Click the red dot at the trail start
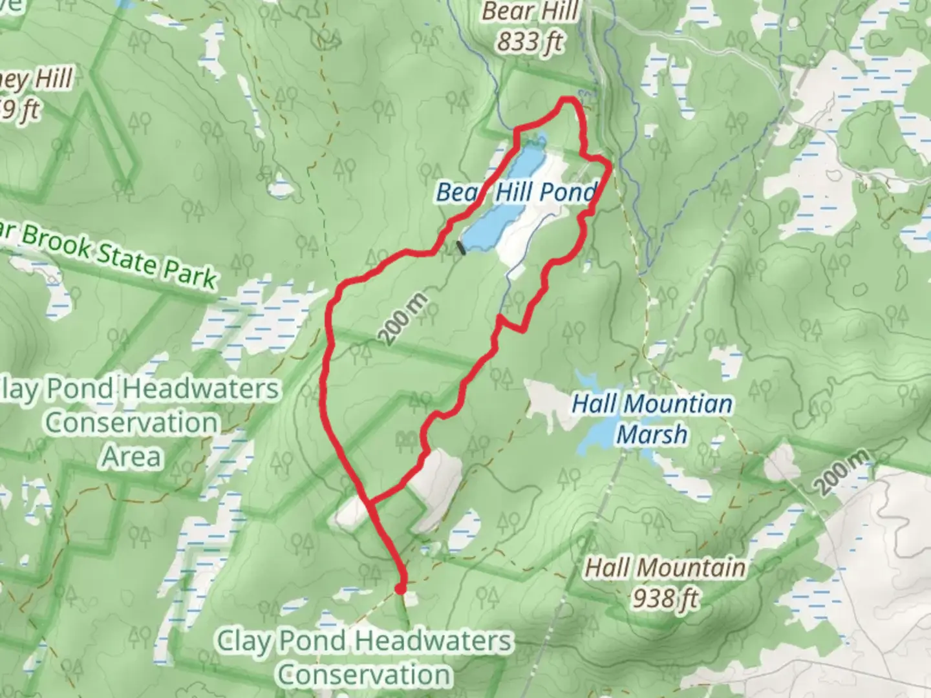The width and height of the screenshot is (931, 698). pyautogui.click(x=400, y=588)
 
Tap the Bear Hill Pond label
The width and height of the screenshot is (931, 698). pyautogui.click(x=515, y=192)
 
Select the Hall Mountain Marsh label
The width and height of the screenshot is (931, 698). pyautogui.click(x=652, y=419)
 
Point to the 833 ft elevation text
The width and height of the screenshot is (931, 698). pyautogui.click(x=530, y=42)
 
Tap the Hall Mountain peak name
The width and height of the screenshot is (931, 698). pyautogui.click(x=665, y=568)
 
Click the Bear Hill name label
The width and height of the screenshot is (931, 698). pyautogui.click(x=530, y=12)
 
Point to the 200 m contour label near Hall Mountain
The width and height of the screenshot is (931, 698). pyautogui.click(x=841, y=473)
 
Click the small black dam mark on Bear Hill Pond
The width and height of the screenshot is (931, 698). pyautogui.click(x=461, y=248)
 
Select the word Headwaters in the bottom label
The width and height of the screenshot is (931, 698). pyautogui.click(x=434, y=642)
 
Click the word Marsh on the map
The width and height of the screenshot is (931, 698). pyautogui.click(x=652, y=434)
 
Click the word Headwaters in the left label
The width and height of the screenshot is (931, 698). pyautogui.click(x=201, y=389)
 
